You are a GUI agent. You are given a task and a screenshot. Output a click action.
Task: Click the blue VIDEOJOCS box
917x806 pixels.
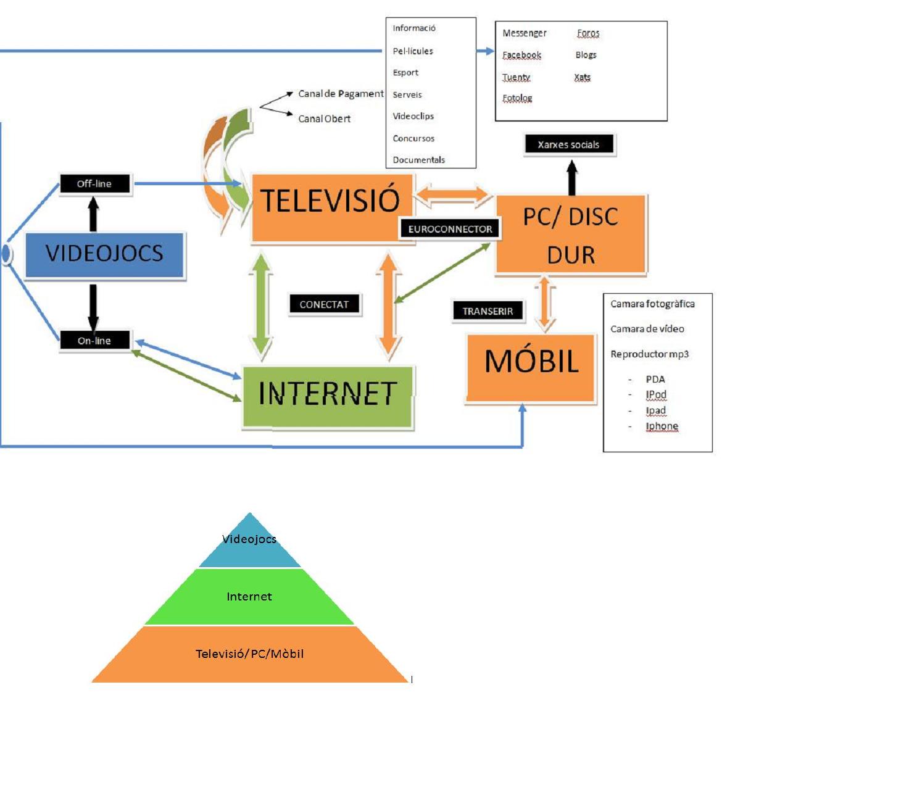click(104, 254)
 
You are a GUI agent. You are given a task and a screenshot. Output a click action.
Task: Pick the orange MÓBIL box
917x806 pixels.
click(531, 367)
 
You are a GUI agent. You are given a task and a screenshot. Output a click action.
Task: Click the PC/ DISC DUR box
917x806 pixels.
click(571, 235)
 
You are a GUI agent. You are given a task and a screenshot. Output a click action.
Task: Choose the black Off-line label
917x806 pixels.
click(94, 184)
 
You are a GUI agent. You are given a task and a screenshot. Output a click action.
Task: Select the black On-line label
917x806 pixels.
click(94, 341)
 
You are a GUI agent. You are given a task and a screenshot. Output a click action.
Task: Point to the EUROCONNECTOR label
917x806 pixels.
click(450, 229)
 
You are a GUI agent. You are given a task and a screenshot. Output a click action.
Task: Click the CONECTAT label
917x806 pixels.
click(324, 305)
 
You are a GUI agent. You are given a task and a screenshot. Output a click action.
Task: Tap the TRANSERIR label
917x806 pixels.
click(488, 311)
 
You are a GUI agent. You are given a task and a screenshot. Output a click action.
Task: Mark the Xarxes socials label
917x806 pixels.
click(568, 145)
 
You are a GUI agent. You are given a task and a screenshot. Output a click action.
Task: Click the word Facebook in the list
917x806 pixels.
click(521, 55)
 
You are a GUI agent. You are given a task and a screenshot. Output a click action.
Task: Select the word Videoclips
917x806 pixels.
click(413, 116)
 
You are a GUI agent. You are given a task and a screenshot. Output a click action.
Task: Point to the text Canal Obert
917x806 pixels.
click(324, 118)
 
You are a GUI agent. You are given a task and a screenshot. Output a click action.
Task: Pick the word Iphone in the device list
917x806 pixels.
click(662, 426)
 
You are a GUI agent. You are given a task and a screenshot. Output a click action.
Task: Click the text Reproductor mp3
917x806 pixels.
click(649, 354)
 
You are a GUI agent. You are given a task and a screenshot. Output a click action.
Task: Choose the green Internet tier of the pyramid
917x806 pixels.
click(249, 597)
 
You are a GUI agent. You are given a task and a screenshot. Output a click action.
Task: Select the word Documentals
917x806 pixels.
click(418, 160)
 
